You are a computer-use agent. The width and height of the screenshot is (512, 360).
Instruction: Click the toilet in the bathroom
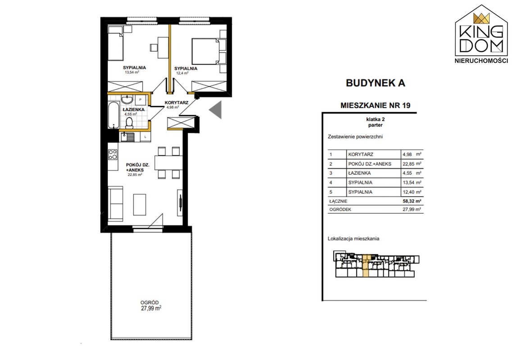click(x=129, y=123)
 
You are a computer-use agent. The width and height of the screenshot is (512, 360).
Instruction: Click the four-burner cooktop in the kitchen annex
click(x=113, y=154)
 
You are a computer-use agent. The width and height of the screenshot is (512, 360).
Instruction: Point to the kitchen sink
click(x=127, y=137)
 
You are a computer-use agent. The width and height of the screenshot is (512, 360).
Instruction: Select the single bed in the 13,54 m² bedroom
click(x=115, y=44)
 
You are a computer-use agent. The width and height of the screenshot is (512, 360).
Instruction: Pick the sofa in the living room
click(x=116, y=202)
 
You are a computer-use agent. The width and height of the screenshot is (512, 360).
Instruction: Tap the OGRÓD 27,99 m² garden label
click(x=150, y=306)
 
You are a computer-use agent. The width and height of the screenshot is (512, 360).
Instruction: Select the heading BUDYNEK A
click(x=376, y=83)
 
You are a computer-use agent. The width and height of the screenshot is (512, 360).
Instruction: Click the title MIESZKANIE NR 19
click(x=375, y=105)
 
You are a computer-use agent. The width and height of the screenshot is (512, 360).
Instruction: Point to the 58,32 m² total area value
click(x=412, y=201)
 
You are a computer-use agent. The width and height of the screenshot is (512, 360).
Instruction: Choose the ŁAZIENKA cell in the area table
click(x=359, y=173)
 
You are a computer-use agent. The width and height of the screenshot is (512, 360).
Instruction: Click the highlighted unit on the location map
click(x=366, y=266)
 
